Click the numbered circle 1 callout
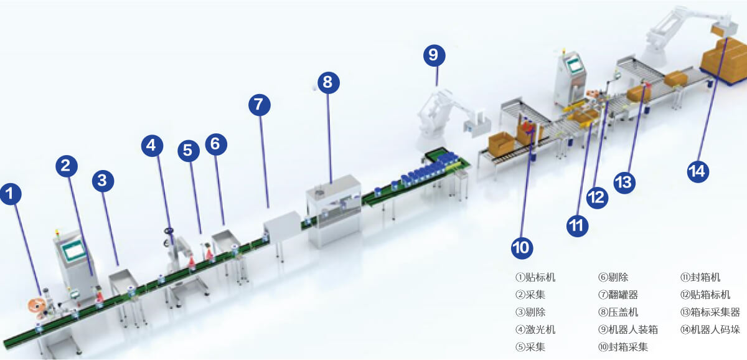coord(11,194)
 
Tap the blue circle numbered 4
coord(152,146)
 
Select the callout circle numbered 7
coord(260,105)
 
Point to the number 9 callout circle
coord(435,55)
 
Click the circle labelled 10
coord(522,248)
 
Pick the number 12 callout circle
coord(597,198)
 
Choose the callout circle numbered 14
coord(698,171)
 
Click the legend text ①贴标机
coord(535,277)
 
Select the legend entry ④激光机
coord(535,329)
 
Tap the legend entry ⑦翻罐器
coord(618,295)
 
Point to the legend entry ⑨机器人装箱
coord(628,329)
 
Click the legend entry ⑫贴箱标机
coord(705,295)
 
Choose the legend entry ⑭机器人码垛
coord(710,329)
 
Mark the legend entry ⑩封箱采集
coord(623,347)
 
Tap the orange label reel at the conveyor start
coord(36,306)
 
